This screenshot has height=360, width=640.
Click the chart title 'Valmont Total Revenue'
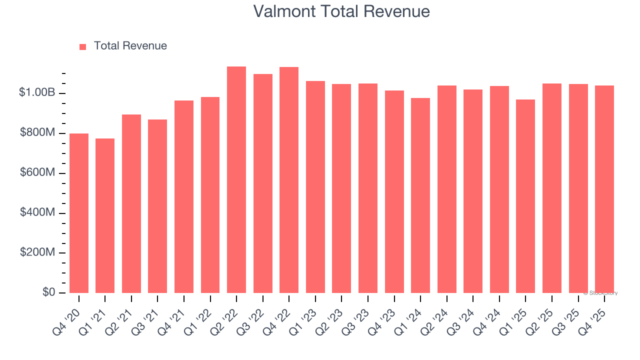[341, 11]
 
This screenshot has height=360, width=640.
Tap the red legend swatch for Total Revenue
[83, 46]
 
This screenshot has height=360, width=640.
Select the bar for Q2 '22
[236, 179]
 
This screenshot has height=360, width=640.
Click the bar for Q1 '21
[105, 215]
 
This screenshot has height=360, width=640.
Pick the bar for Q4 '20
[79, 213]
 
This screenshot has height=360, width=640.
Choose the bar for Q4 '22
[289, 180]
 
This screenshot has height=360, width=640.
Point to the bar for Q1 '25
[525, 196]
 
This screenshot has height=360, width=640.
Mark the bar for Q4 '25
[604, 189]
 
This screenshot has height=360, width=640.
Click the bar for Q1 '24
[420, 195]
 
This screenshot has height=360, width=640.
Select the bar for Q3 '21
[157, 206]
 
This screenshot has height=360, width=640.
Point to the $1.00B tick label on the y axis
[37, 92]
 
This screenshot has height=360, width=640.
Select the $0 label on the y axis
[49, 292]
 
